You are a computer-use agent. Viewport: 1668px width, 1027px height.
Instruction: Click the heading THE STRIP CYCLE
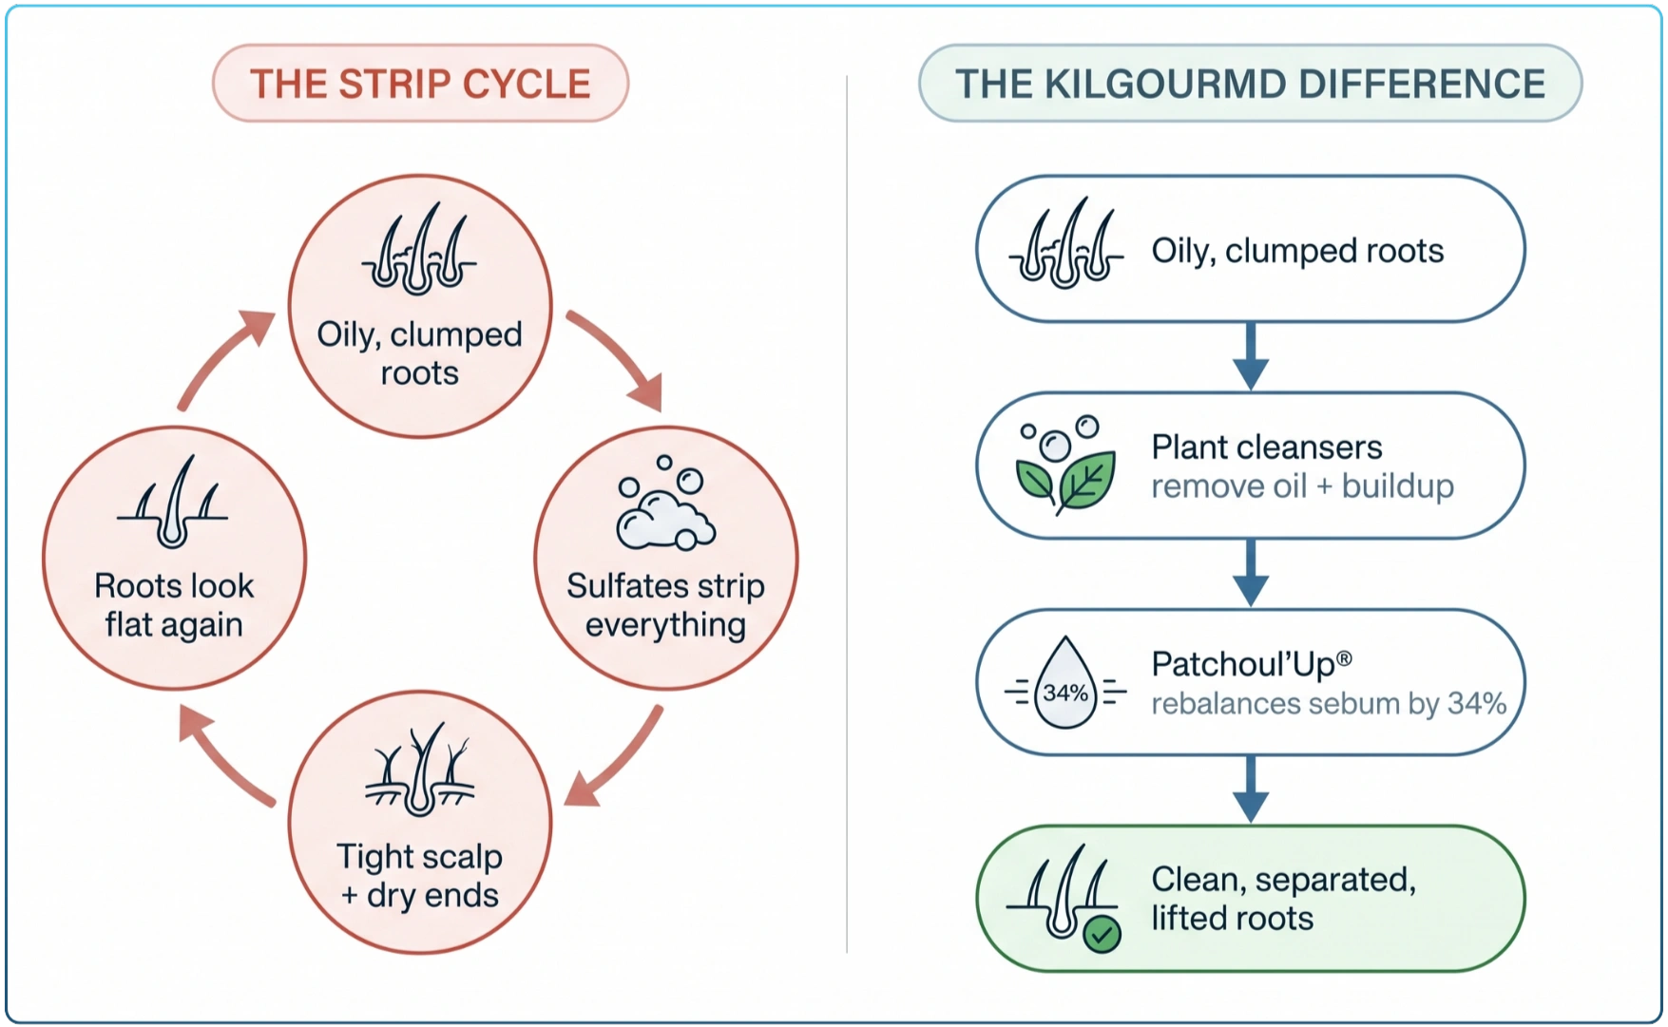click(420, 84)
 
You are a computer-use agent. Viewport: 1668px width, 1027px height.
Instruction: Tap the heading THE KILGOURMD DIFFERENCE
click(1250, 84)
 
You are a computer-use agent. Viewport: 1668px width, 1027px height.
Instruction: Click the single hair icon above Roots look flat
click(173, 502)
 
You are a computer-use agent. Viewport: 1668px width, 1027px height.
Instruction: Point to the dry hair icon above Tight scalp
click(419, 770)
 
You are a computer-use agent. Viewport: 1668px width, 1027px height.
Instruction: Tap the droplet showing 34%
click(1065, 683)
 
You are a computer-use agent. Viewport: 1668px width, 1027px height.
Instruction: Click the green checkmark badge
click(1102, 935)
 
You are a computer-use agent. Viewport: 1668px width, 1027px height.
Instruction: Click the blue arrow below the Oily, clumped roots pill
click(1251, 356)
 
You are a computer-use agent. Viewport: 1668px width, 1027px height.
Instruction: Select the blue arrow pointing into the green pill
click(1251, 789)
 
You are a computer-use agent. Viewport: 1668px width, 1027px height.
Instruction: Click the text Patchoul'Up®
click(1252, 664)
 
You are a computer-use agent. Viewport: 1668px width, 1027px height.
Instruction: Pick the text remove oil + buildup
click(1303, 486)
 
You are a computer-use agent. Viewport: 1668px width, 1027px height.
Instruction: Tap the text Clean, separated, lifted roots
click(1284, 899)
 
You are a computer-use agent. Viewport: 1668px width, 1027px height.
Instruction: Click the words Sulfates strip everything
click(666, 606)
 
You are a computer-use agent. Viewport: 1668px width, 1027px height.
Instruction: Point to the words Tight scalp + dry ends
click(419, 876)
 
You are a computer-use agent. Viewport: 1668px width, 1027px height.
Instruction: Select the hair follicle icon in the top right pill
click(1065, 243)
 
